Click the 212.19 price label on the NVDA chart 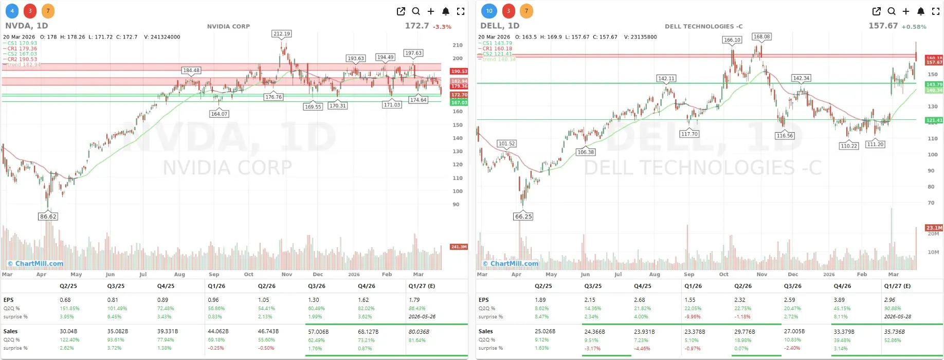[x=281, y=34]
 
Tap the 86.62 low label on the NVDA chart [x=48, y=217]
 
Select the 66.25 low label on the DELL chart [x=523, y=217]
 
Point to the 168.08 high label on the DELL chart [x=761, y=37]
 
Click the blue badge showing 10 [x=489, y=11]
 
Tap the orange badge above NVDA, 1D [x=48, y=11]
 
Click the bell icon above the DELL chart [x=921, y=11]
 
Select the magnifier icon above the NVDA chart [x=416, y=11]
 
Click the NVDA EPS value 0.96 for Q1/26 [x=213, y=300]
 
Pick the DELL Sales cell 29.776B [x=744, y=332]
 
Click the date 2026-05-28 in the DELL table [x=897, y=317]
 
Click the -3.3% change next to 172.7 [x=442, y=27]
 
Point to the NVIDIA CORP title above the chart [x=228, y=26]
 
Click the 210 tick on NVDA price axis [x=457, y=45]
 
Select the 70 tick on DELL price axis [x=931, y=203]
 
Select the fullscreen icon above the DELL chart [x=936, y=11]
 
